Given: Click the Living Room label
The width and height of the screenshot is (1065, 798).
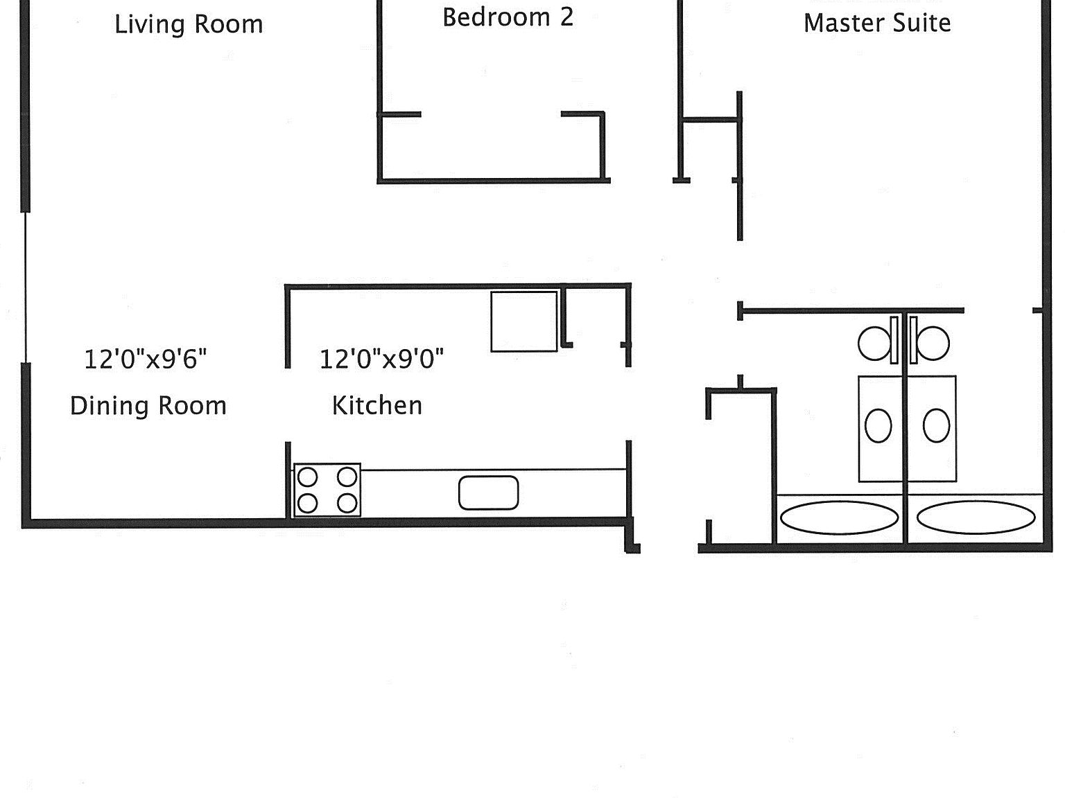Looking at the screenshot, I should point(189,25).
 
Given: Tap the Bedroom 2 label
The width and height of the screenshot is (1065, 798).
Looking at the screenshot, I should point(508,18).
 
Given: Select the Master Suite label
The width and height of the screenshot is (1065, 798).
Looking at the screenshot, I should point(877,24).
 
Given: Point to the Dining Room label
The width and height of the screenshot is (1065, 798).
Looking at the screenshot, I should point(148,406).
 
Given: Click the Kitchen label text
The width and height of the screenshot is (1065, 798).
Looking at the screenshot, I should point(377,406).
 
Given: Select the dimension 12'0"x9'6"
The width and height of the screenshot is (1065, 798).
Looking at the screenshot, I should point(146,360).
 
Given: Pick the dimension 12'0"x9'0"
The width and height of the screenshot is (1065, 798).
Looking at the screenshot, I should point(381,360).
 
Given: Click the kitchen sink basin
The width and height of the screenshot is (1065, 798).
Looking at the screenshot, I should point(488,493).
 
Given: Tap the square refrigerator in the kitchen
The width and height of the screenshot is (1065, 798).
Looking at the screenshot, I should point(523,321).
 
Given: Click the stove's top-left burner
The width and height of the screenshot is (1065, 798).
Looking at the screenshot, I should point(307,477).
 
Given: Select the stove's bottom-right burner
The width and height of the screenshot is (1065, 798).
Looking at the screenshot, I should point(347,503).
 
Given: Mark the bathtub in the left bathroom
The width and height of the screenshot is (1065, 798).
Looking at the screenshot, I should point(839,518).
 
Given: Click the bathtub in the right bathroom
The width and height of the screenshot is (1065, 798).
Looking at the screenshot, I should point(976,518).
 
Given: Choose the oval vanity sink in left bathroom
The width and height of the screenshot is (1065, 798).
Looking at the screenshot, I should point(878,425).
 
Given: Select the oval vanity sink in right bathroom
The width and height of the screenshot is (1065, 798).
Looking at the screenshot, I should point(936,425).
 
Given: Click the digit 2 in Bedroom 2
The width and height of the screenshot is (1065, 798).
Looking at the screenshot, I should point(566,18).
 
